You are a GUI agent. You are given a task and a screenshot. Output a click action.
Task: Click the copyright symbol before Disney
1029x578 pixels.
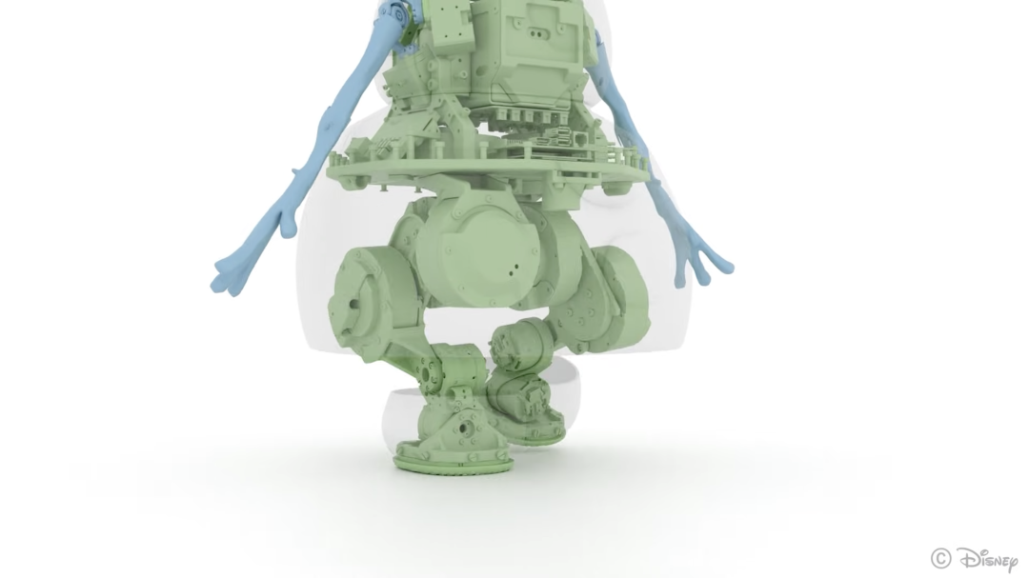pos(940,558)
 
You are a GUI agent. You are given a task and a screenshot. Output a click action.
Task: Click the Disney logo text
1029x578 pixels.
pos(988,560)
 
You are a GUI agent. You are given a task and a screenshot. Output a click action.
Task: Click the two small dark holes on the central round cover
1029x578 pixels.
pos(514,268)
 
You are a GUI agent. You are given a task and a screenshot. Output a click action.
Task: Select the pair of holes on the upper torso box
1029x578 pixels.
pos(536,34)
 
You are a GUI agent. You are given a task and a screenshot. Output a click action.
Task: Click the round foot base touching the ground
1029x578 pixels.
pos(454,459)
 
